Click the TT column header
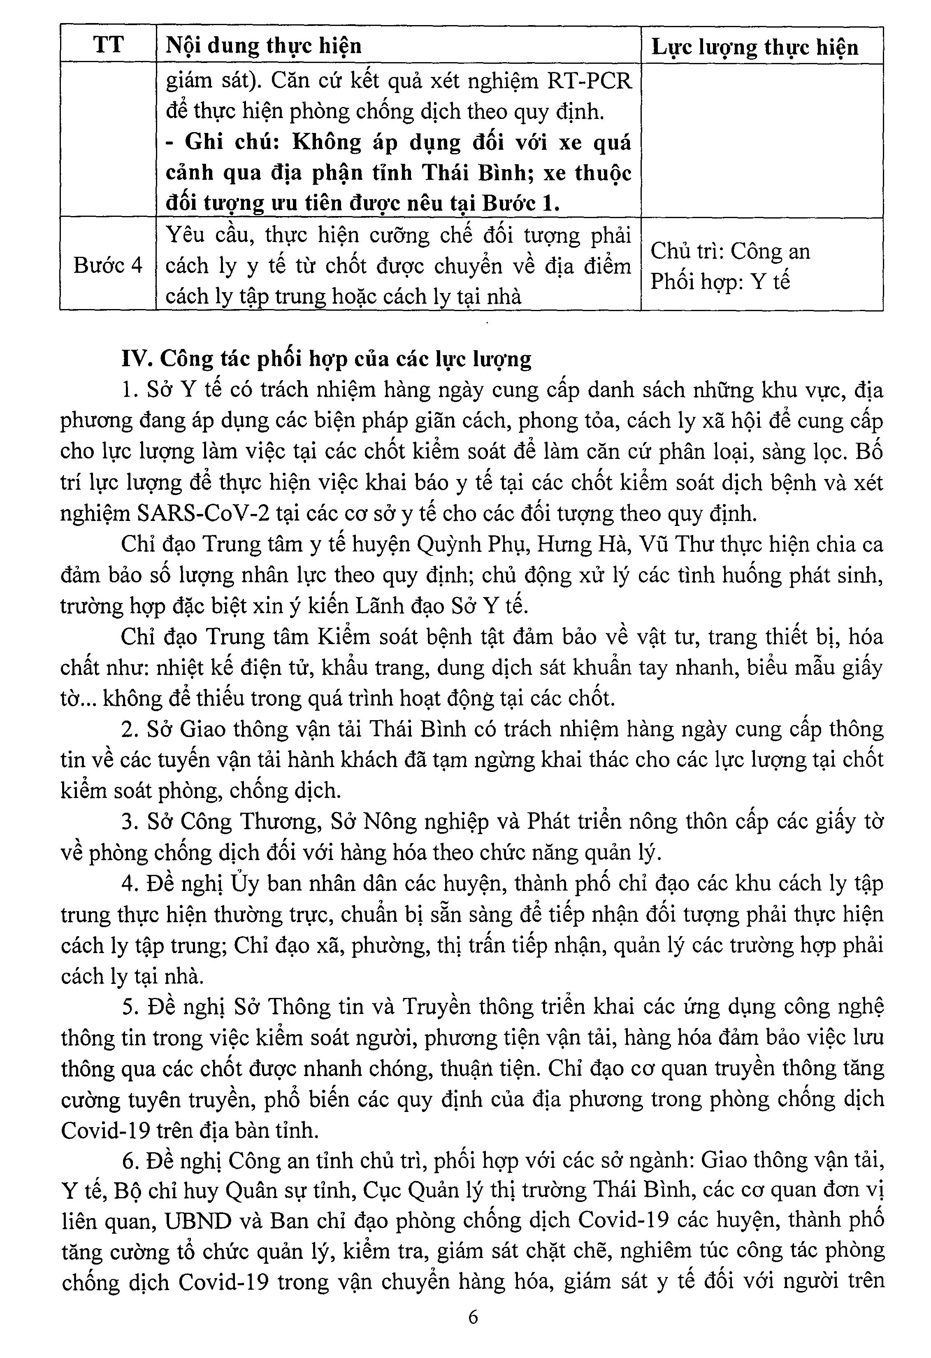tap(108, 45)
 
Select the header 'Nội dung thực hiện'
tap(264, 46)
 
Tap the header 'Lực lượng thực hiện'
tap(755, 47)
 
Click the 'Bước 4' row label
tap(108, 266)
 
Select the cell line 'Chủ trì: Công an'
tap(730, 251)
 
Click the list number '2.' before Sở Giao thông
tap(129, 729)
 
